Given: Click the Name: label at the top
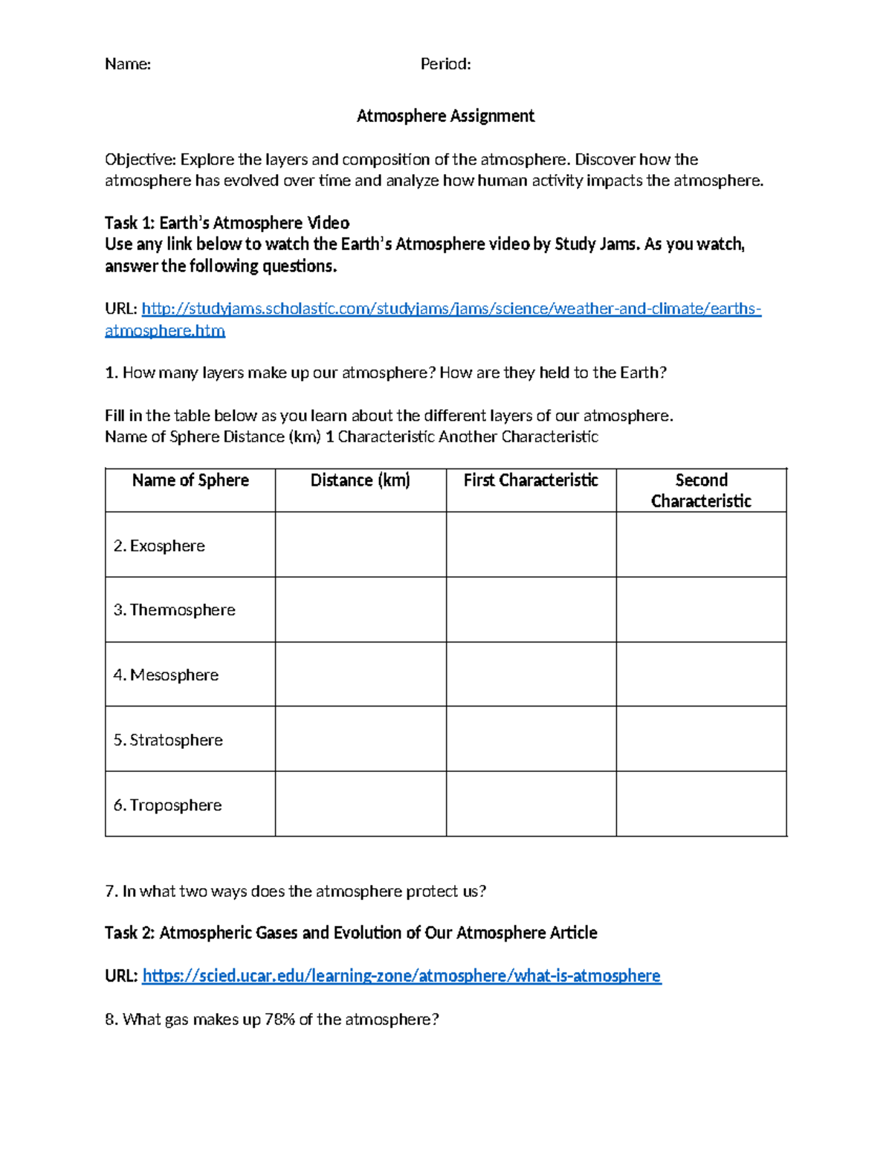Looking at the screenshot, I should click(127, 64).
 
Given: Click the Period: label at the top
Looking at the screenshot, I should click(445, 64).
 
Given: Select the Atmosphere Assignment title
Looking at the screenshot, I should click(445, 116).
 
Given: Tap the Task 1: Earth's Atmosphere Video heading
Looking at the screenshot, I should click(227, 223).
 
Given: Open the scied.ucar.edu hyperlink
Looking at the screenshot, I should click(401, 976).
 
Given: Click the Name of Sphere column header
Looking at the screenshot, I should click(190, 480).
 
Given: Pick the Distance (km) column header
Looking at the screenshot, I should click(361, 480).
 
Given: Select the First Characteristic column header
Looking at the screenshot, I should click(531, 480).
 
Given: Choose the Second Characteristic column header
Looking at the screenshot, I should click(701, 491).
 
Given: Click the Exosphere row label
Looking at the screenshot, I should click(159, 546).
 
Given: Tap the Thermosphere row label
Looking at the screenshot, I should click(174, 610).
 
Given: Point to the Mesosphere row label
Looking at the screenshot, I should click(166, 675).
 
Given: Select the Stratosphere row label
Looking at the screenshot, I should click(168, 740).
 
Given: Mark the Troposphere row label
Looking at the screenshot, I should click(167, 805).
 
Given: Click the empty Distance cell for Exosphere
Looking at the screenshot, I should click(361, 545).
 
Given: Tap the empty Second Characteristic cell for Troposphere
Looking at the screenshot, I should click(701, 804).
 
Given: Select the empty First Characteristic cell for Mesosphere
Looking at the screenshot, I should click(531, 675).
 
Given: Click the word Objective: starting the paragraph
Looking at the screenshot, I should click(140, 160).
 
